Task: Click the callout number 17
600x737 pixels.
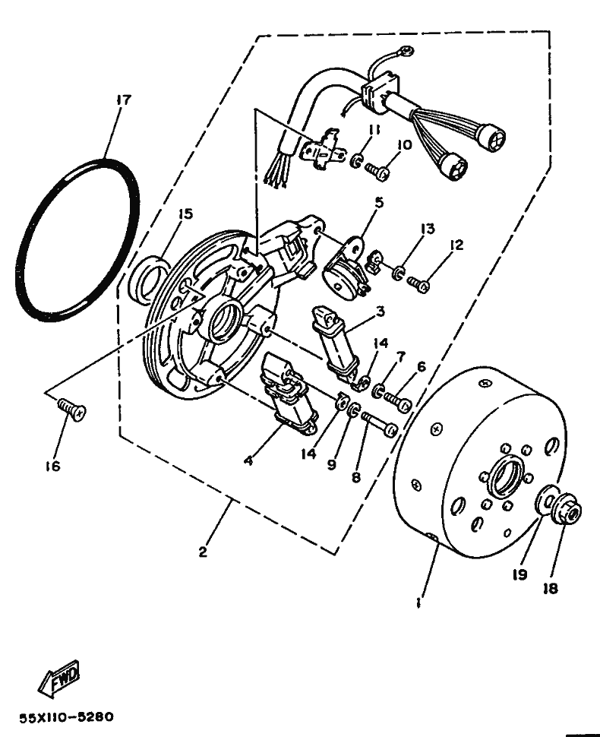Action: (124, 100)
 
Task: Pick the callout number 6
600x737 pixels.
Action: (421, 366)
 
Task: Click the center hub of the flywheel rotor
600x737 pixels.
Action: (503, 477)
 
